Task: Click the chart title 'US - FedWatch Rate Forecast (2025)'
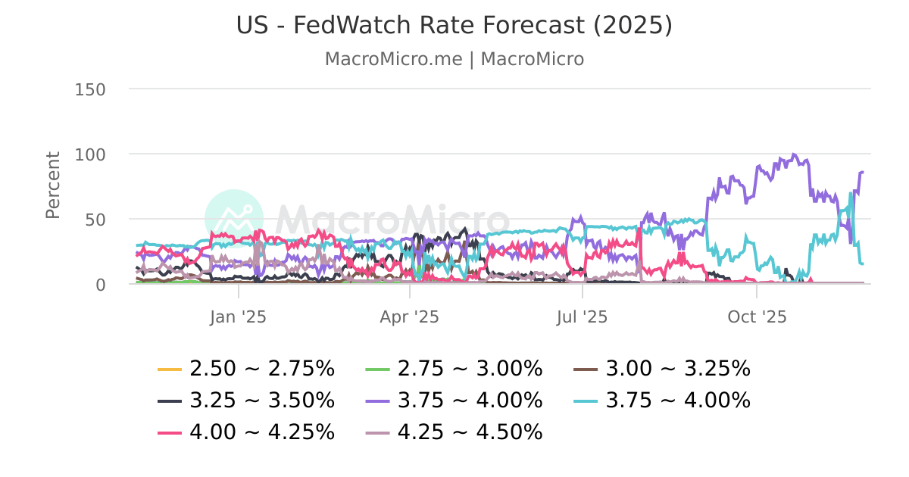(x=454, y=25)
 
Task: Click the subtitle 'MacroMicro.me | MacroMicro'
(x=454, y=59)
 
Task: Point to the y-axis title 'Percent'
(x=53, y=185)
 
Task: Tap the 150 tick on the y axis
(x=90, y=89)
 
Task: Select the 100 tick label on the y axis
(x=90, y=154)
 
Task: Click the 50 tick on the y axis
(x=95, y=220)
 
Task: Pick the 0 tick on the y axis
(x=99, y=285)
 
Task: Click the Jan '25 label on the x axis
(x=238, y=316)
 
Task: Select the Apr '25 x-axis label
(x=410, y=316)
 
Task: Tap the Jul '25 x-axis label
(x=582, y=316)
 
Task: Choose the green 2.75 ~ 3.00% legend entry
(x=470, y=369)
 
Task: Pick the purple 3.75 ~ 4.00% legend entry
(x=470, y=400)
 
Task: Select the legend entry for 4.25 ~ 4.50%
(x=470, y=432)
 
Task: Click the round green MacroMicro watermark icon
(x=234, y=219)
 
